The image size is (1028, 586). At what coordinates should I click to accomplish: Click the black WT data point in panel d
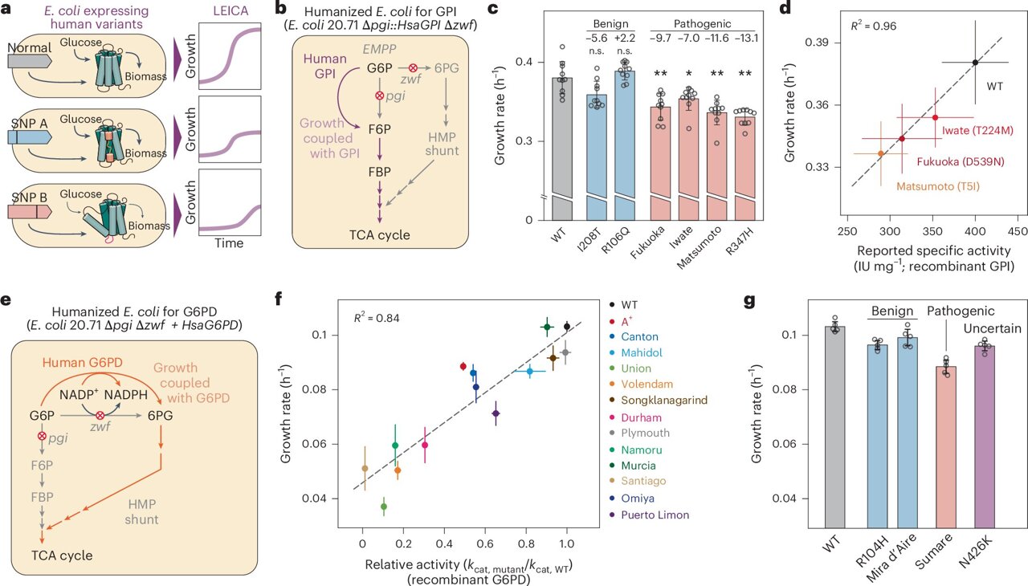(975, 62)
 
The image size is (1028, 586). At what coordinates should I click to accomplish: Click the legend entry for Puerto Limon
(659, 515)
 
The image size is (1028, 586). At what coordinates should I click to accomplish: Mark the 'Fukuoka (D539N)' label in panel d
(957, 161)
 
